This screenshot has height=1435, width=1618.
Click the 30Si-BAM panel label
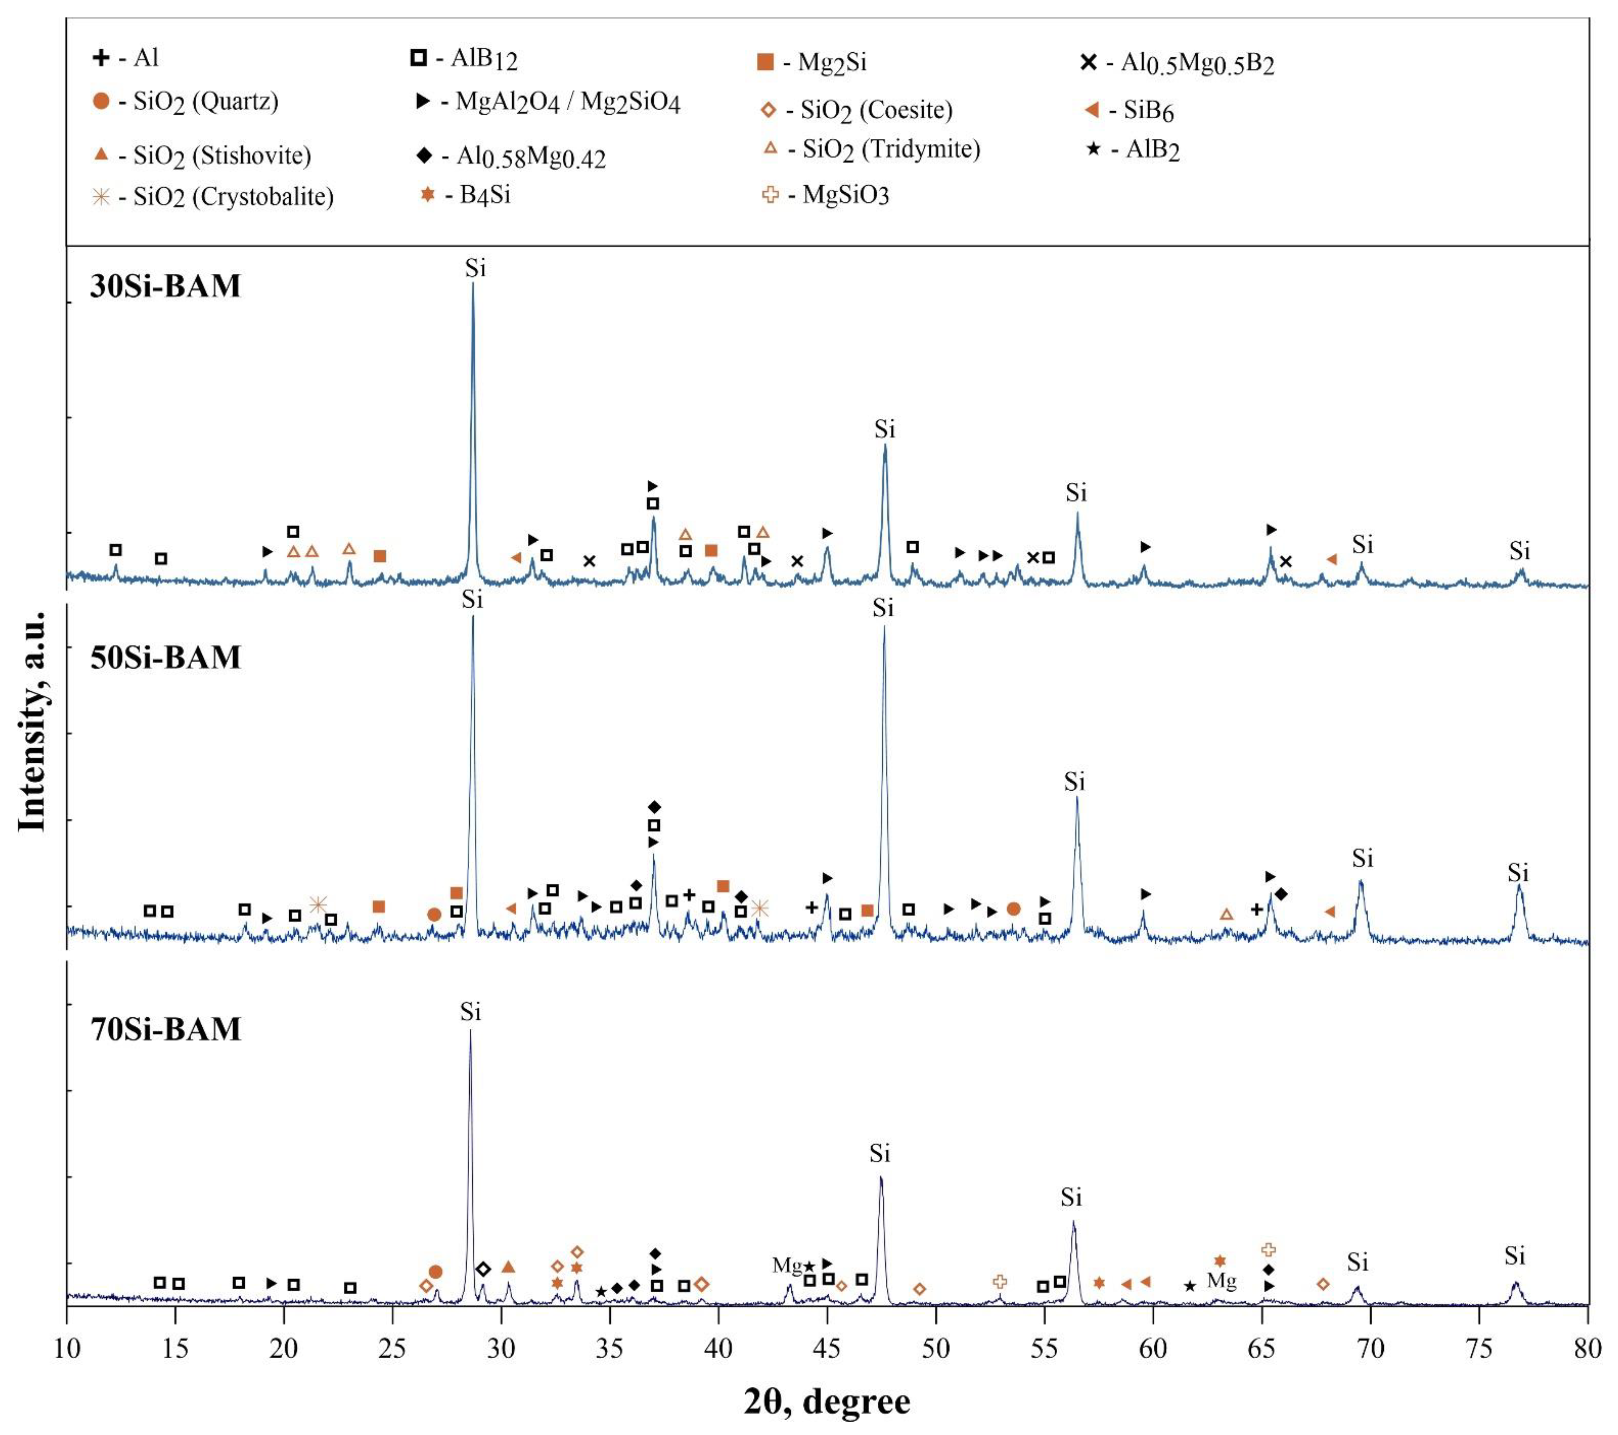pos(165,286)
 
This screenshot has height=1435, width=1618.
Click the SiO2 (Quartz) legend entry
pos(186,102)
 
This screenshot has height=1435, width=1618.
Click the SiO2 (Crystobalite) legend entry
pos(214,196)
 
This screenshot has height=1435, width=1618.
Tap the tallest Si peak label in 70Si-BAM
pos(470,1012)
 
